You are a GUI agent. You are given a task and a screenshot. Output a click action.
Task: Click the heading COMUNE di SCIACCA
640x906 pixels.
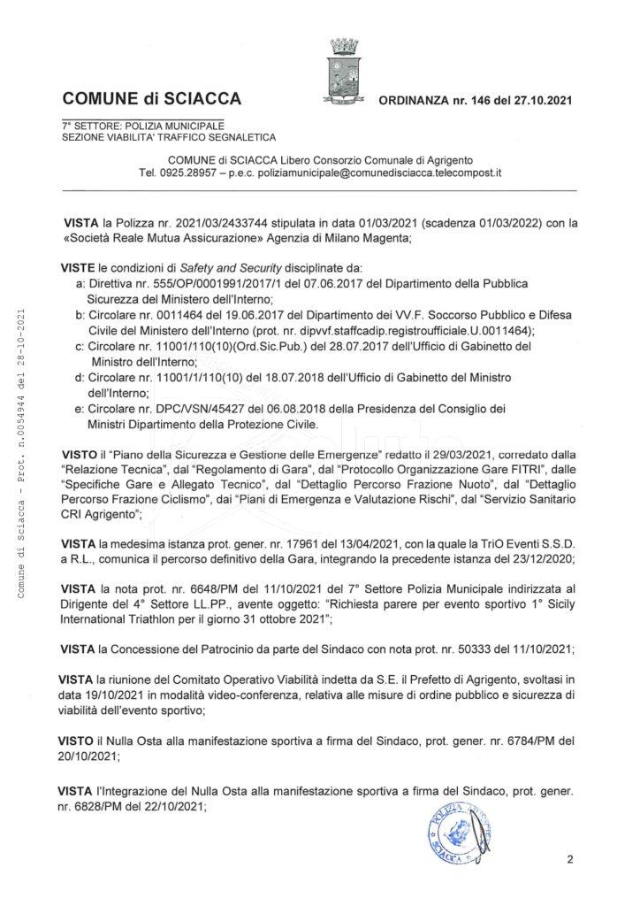[x=151, y=98]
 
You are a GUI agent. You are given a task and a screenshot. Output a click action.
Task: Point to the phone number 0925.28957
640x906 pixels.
[x=194, y=173]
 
